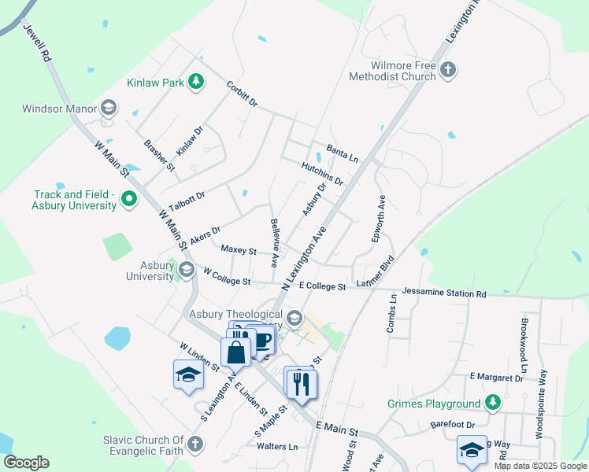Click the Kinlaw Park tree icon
196,81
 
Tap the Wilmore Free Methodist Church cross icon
447,69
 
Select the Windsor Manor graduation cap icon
109,108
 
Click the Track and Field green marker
129,201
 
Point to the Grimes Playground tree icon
493,403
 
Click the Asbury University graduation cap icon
186,270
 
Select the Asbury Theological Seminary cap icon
294,318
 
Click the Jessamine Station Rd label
444,293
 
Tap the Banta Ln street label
342,152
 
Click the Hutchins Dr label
322,174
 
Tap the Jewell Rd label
36,44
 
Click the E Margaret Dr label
496,378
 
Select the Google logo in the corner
26,463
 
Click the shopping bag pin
236,351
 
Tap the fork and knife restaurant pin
301,385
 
